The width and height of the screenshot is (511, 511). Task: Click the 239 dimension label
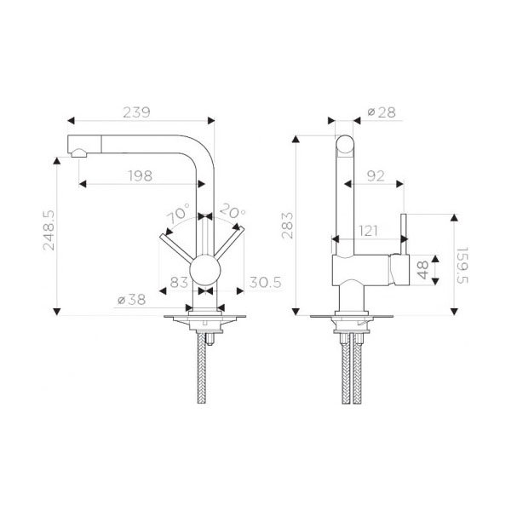[x=136, y=112]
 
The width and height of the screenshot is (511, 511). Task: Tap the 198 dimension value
[x=141, y=176]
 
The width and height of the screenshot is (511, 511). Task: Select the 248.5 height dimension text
[x=49, y=231]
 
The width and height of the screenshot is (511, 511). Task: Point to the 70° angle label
[x=178, y=213]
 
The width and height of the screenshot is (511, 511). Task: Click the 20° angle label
[x=233, y=211]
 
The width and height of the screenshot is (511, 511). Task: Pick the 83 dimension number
[x=179, y=282]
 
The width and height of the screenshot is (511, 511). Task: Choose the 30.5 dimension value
[x=265, y=282]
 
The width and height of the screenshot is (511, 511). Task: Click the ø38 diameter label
[x=132, y=300]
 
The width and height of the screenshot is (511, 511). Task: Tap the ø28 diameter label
[x=382, y=112]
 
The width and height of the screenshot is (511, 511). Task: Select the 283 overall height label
[x=288, y=226]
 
